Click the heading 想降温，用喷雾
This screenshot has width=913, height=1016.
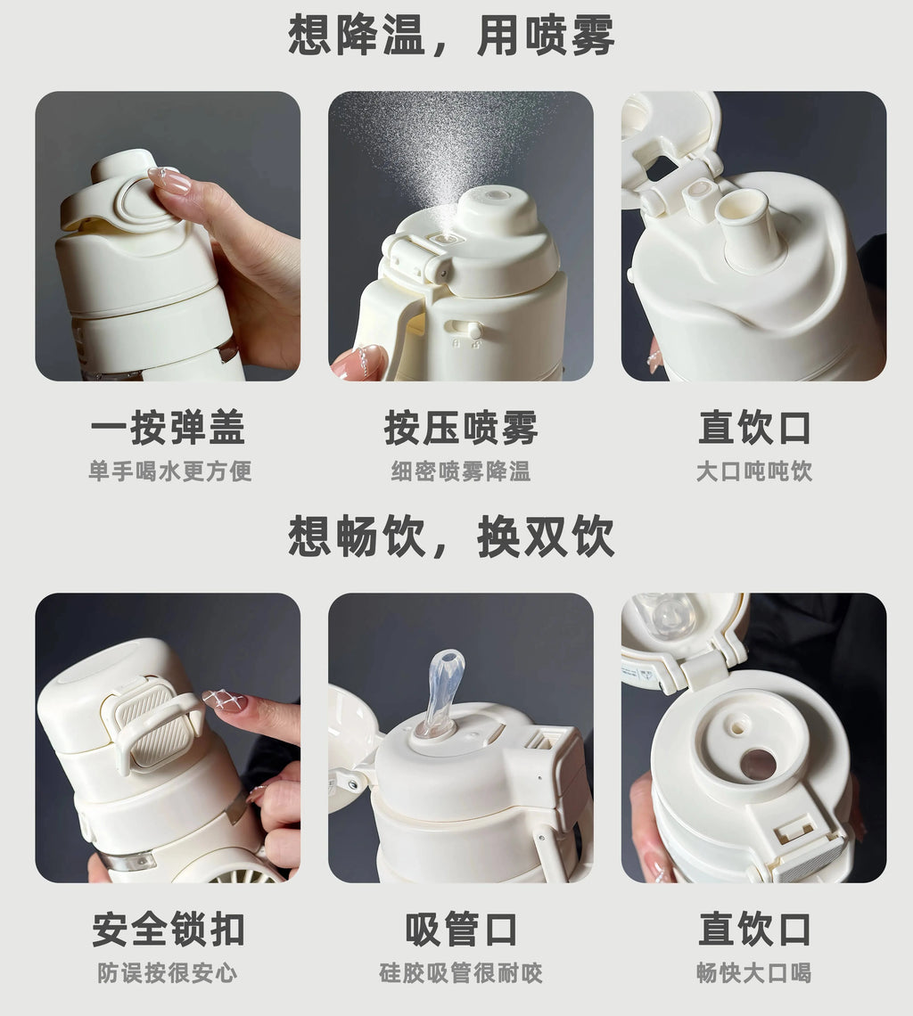tap(451, 35)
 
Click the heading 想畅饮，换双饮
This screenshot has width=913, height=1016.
tap(451, 536)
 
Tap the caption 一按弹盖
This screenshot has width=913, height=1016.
tap(168, 428)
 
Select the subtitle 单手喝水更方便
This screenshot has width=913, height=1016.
tap(170, 471)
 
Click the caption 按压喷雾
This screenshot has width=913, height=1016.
tap(461, 428)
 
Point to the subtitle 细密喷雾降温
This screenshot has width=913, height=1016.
tap(461, 471)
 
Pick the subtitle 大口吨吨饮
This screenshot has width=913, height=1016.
tap(754, 471)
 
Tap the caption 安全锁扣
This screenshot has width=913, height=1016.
tap(168, 930)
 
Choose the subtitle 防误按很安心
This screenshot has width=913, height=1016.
tap(168, 972)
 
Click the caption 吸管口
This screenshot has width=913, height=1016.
tap(461, 930)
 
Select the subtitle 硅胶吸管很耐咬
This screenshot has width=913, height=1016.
tap(461, 972)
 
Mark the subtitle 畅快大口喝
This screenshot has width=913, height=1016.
tap(754, 972)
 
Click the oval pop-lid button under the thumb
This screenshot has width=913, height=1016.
tap(144, 201)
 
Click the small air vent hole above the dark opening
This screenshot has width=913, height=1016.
tap(736, 725)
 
